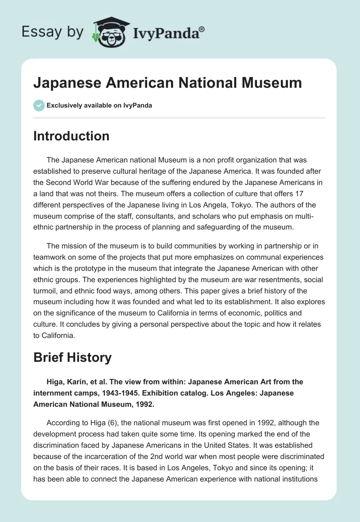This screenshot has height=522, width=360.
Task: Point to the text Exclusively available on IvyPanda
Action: tap(99, 105)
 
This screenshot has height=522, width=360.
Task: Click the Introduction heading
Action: tap(71, 136)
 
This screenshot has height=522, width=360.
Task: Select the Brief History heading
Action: tap(72, 357)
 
